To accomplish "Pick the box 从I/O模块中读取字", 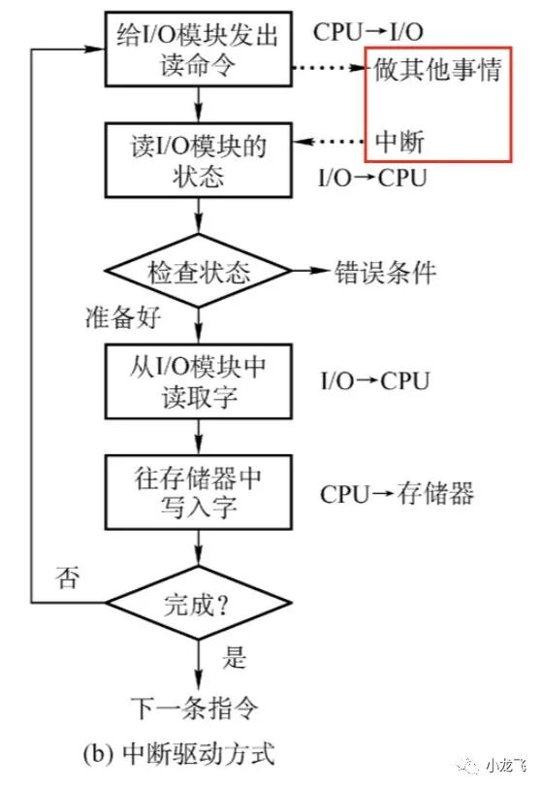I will (x=198, y=381).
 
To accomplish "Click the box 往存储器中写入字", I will (x=198, y=494).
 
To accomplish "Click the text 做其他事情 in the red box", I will (x=437, y=71).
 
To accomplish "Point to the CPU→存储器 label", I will (x=398, y=494).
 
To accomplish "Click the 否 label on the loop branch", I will (x=67, y=580).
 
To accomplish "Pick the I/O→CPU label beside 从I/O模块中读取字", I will (x=373, y=381).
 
